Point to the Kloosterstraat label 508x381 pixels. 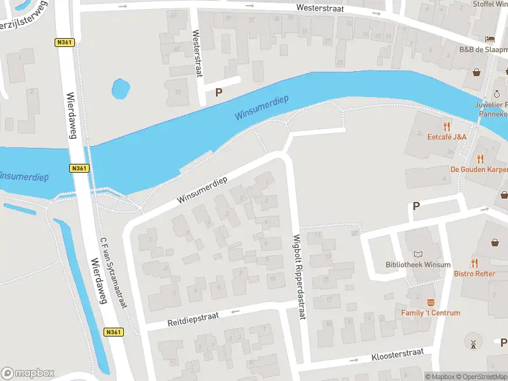398,356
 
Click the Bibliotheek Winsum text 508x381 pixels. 418,265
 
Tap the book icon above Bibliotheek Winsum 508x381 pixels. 418,254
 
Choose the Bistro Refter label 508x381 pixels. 474,274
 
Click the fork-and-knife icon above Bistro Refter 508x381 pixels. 474,263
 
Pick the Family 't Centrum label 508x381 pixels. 431,312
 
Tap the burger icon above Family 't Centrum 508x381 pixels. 431,302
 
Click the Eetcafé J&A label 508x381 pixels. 447,137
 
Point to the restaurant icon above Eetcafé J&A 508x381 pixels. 447,126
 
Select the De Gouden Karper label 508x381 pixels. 479,170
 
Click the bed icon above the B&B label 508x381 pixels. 490,39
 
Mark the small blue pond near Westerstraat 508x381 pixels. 121,88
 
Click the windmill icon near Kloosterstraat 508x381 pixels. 472,344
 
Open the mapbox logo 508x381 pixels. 28,373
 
